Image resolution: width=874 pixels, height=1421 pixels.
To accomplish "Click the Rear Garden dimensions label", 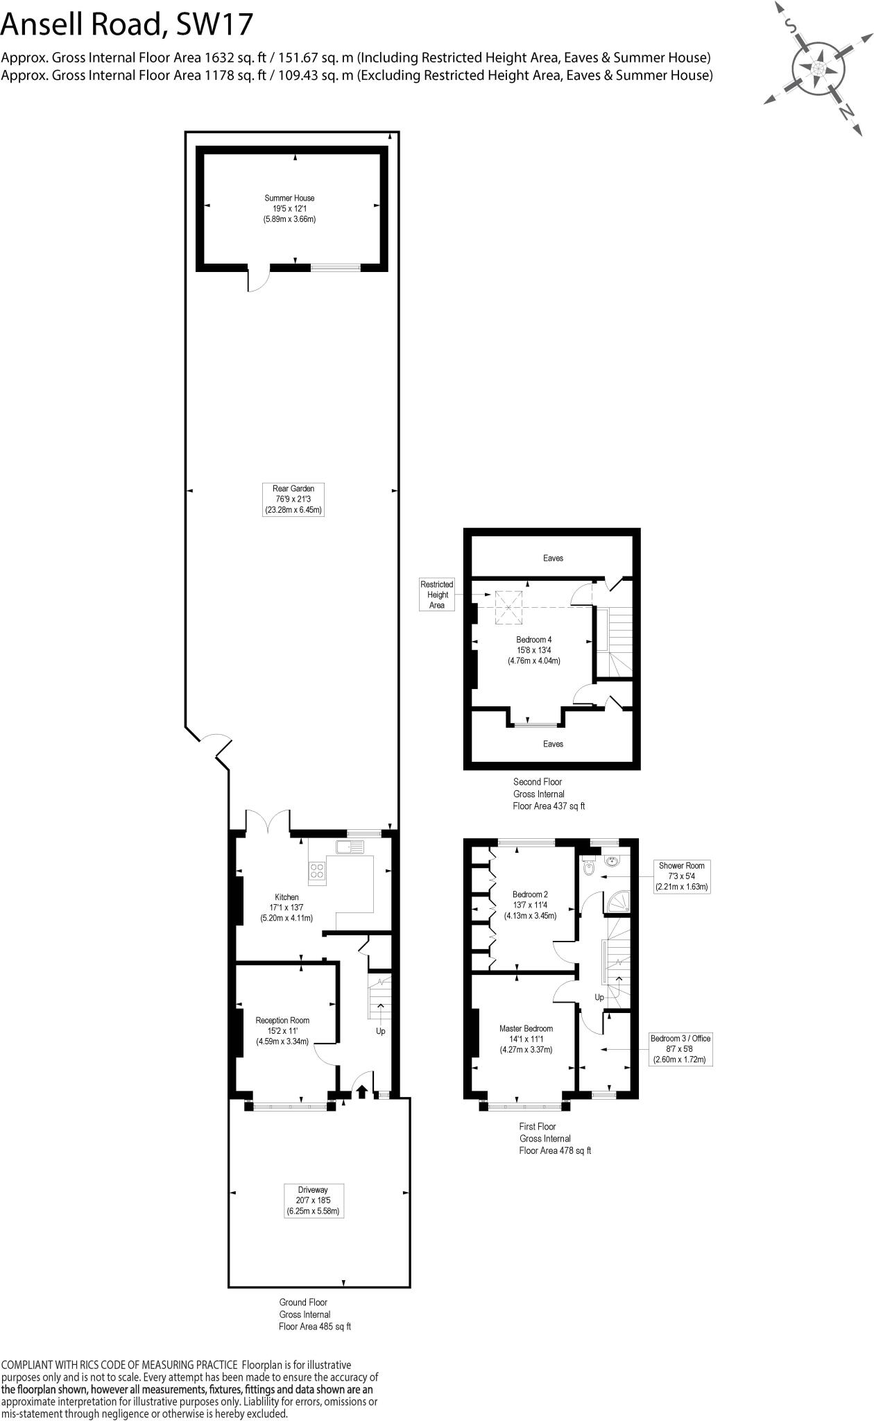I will [293, 499].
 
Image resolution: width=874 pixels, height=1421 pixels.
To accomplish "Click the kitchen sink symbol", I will [349, 846].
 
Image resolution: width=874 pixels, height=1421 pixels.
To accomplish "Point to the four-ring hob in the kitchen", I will [317, 870].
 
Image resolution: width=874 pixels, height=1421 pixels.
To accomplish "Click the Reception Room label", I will [282, 1030].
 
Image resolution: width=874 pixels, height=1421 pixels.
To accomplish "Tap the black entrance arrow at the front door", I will [361, 1091].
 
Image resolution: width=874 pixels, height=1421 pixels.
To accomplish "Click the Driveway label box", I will [314, 1200].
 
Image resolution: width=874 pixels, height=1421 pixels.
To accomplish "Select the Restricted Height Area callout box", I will [436, 595].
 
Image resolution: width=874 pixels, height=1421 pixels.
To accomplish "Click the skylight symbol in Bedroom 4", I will [509, 605].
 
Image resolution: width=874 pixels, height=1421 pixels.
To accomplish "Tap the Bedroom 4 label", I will [533, 650].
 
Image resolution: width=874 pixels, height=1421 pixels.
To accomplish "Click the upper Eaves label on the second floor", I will [553, 558].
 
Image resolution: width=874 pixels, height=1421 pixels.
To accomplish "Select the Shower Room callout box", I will [681, 876].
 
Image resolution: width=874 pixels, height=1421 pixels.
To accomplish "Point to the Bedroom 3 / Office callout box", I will [680, 1049].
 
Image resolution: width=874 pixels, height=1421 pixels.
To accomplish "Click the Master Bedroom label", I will [526, 1039].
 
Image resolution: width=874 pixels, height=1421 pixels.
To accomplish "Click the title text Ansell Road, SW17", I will [127, 24].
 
